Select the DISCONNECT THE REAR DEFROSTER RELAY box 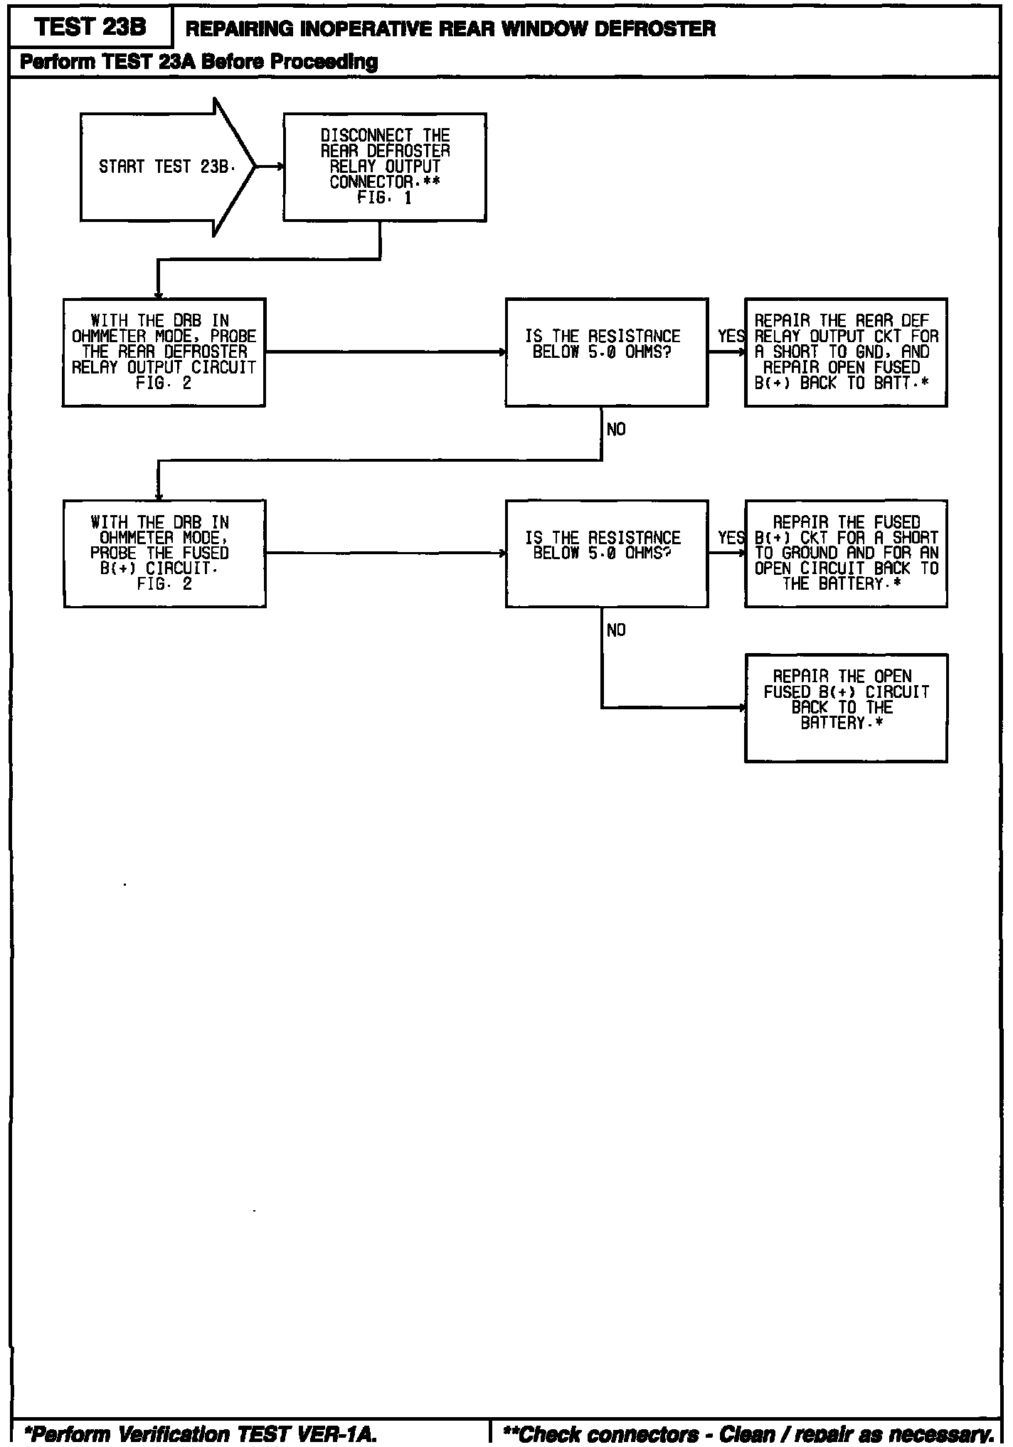(384, 167)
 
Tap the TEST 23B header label (90, 27)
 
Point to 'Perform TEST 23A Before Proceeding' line (198, 62)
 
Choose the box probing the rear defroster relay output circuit (164, 352)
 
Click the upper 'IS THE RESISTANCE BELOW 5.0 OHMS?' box (606, 352)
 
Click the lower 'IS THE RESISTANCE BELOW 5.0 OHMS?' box (606, 553)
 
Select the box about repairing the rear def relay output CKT (845, 352)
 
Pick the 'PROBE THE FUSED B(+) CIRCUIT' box (164, 553)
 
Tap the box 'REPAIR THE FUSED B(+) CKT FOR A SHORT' (845, 553)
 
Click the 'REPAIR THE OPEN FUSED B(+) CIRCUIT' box (845, 708)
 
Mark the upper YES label (731, 336)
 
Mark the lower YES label (731, 538)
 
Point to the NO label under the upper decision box (616, 429)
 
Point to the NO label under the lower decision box (616, 630)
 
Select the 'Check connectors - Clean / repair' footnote (747, 1434)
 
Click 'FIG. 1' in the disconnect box (384, 198)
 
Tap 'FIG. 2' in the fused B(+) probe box (164, 584)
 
